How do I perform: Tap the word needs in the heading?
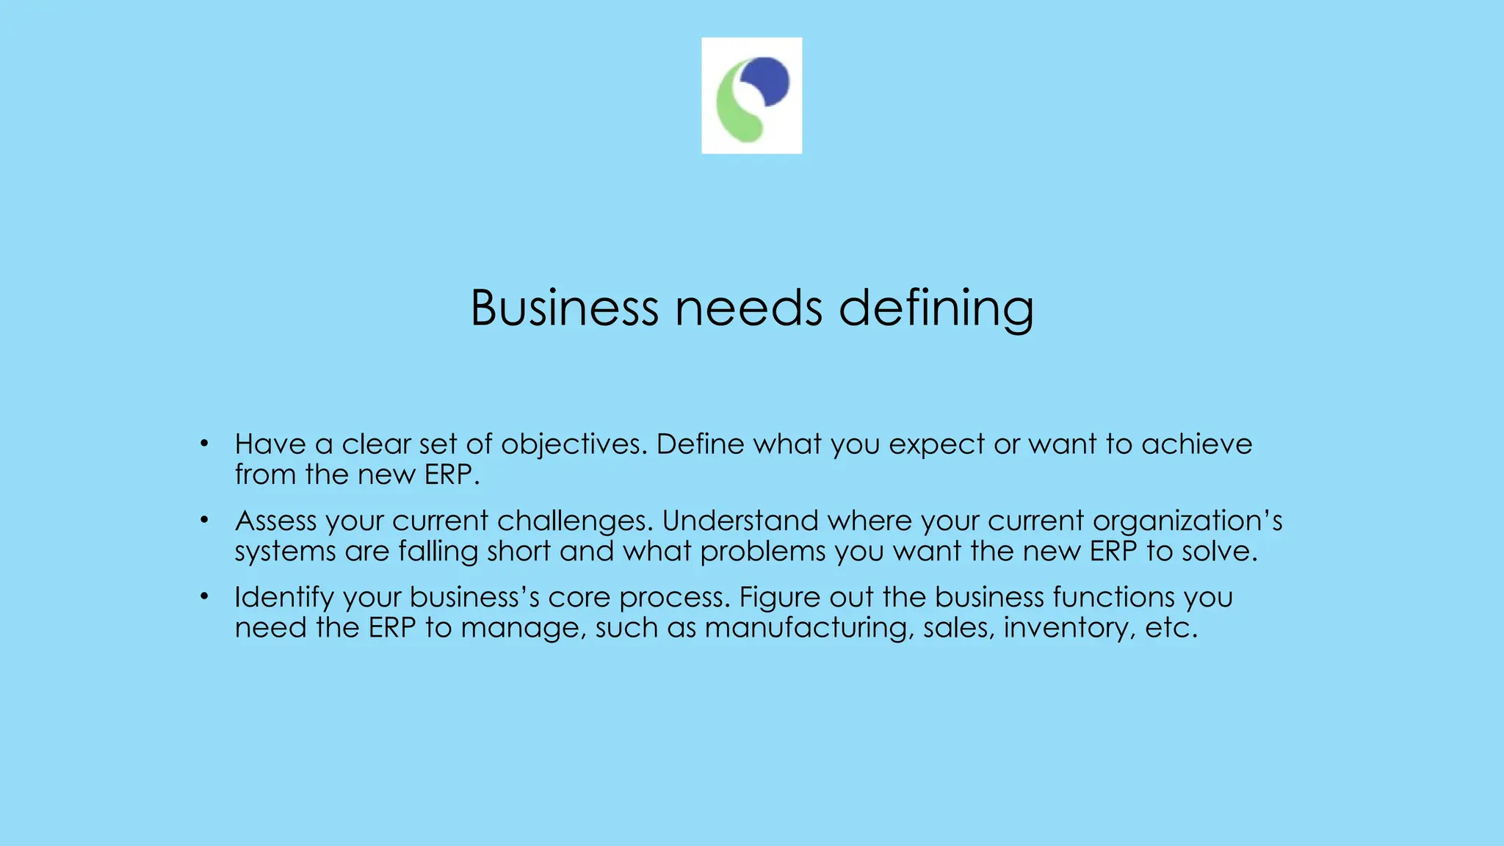pyautogui.click(x=748, y=308)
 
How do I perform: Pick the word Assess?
pyautogui.click(x=275, y=521)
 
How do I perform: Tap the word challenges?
pyautogui.click(x=574, y=521)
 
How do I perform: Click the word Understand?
pyautogui.click(x=740, y=521)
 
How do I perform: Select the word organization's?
pyautogui.click(x=1187, y=521)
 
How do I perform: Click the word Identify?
pyautogui.click(x=284, y=597)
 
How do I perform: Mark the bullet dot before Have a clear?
pyautogui.click(x=204, y=444)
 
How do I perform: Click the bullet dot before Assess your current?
pyautogui.click(x=204, y=520)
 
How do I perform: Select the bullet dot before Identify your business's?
pyautogui.click(x=204, y=596)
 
